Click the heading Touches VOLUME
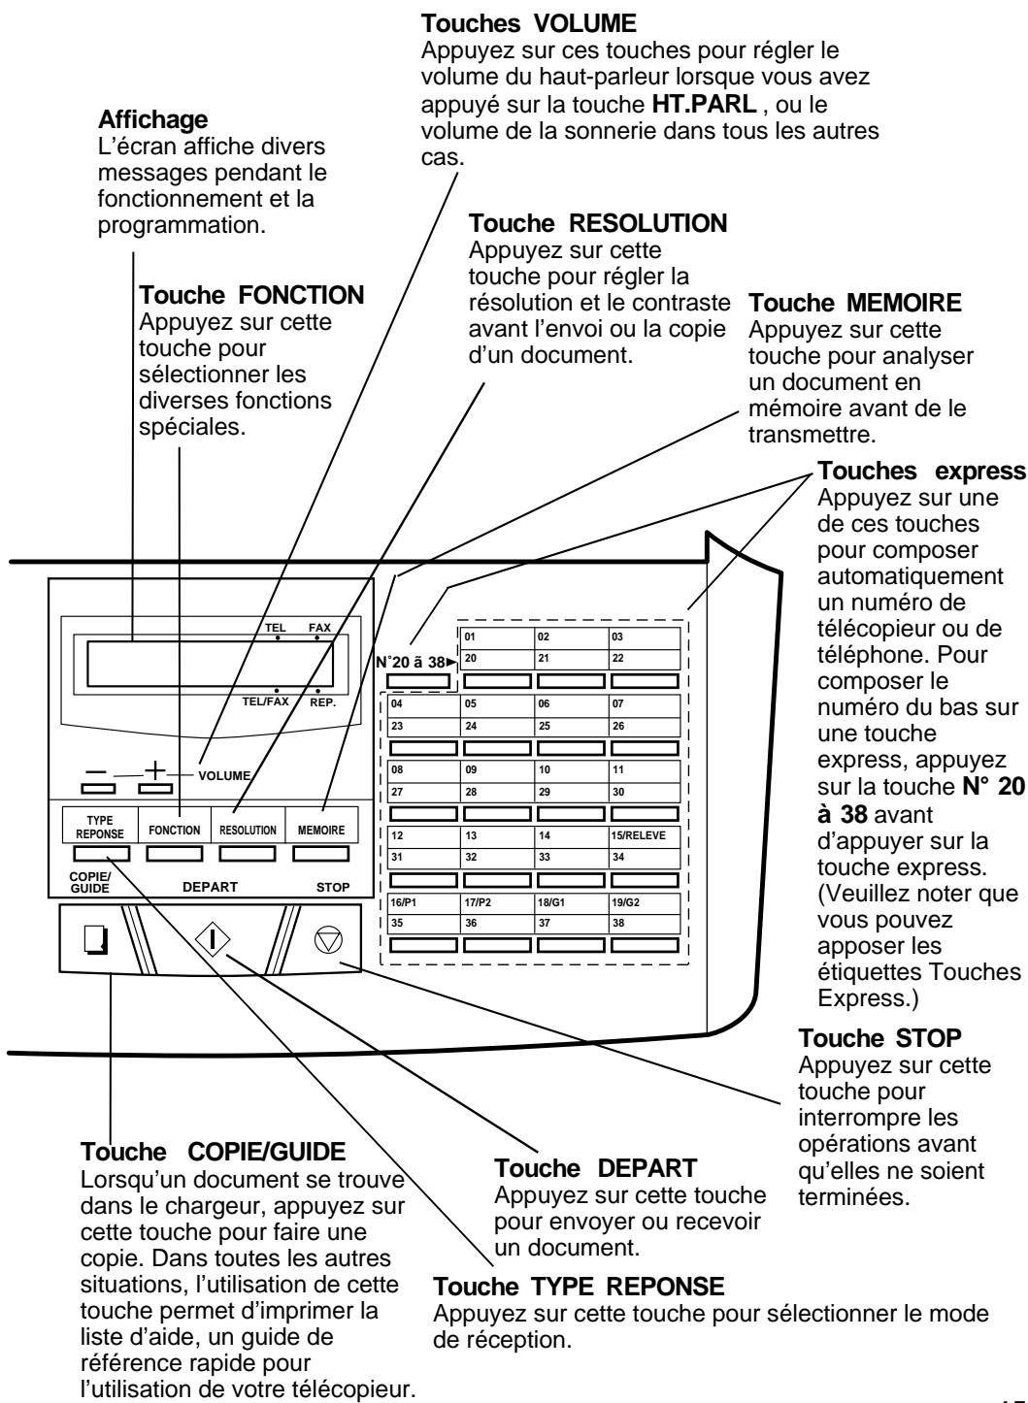(528, 24)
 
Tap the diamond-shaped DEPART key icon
(213, 939)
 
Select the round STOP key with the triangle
(328, 940)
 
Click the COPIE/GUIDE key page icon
(96, 939)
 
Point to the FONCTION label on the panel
(175, 831)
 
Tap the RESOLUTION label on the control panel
(248, 831)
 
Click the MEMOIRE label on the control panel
(321, 831)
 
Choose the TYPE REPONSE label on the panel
(100, 828)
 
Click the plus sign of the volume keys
(154, 769)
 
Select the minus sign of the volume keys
(96, 771)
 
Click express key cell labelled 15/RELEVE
(638, 835)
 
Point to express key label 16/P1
(403, 902)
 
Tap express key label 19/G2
(625, 902)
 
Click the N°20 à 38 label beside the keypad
(415, 662)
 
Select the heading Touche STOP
(879, 1038)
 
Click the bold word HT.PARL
(704, 104)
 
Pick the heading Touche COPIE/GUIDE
(214, 1152)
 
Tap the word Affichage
(153, 119)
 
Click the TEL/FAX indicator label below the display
(266, 701)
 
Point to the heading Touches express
(921, 471)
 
